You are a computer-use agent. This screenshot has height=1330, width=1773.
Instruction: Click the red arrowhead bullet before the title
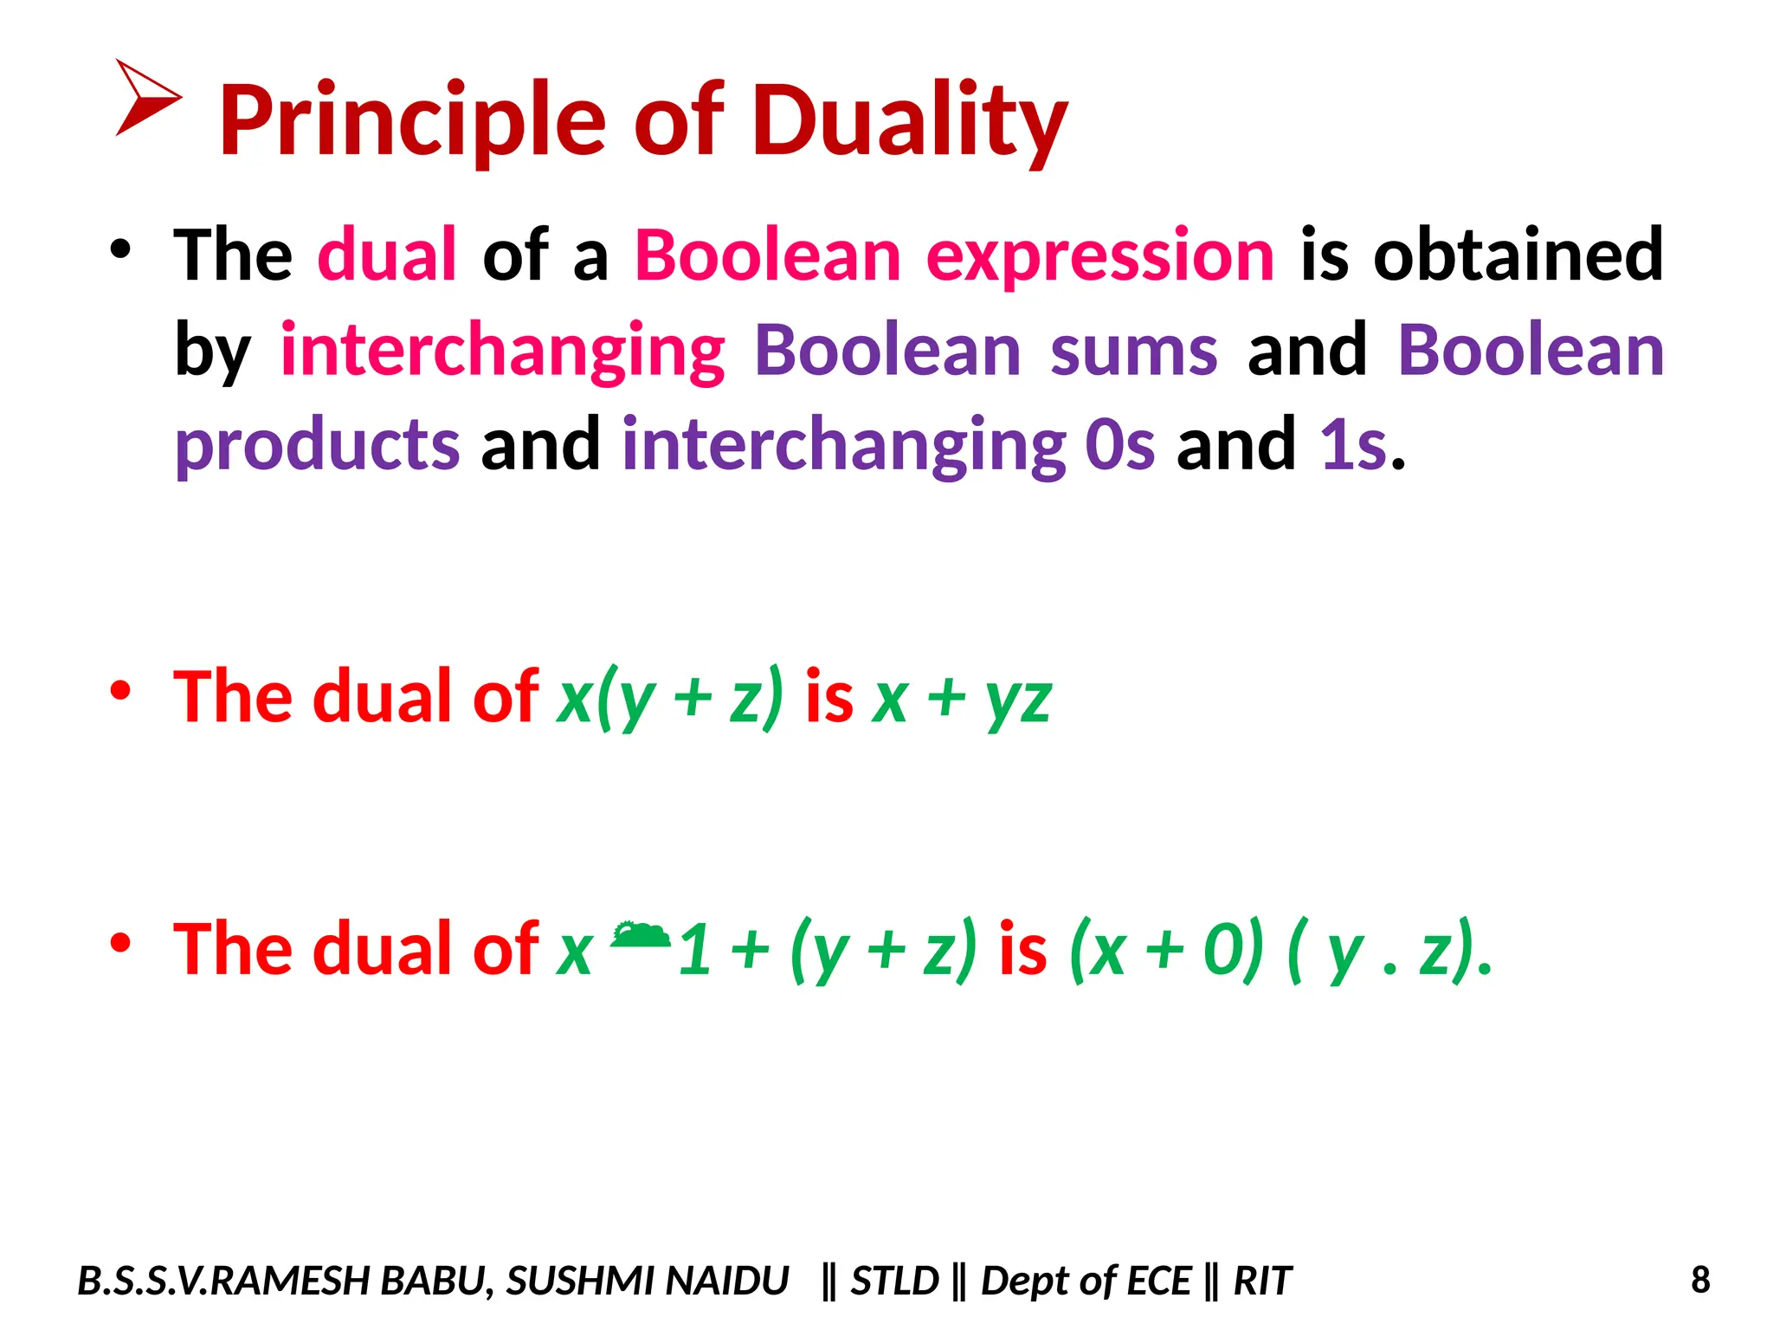tap(145, 97)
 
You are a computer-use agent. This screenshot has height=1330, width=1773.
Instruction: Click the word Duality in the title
tap(909, 121)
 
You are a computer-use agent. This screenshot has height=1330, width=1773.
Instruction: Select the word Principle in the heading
tap(412, 121)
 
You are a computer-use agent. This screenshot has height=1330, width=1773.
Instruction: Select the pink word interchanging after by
tap(502, 352)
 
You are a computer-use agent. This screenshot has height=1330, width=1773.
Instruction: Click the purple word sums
tap(1133, 351)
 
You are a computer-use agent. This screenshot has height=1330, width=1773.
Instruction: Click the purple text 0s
tap(1119, 445)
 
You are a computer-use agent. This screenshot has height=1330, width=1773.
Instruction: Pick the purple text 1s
tap(1353, 445)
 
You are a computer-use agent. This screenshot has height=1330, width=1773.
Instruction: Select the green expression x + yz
tap(962, 698)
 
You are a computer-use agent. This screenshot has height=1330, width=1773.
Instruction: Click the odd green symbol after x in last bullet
tap(640, 936)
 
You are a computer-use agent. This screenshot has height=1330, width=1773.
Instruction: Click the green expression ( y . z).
tap(1389, 950)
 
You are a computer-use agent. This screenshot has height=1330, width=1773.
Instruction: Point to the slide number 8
tap(1700, 1280)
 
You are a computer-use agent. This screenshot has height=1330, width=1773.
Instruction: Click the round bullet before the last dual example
tap(120, 943)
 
